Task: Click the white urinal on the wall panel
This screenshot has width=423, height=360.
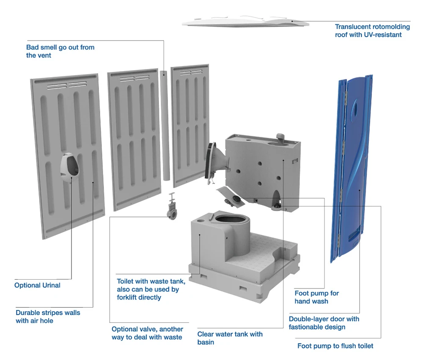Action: pos(70,168)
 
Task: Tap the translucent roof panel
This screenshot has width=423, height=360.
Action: pos(245,22)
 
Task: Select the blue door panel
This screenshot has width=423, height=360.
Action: pos(352,168)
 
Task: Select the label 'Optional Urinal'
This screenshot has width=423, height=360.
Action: pos(37,285)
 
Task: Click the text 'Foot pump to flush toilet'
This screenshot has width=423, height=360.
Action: pos(335,346)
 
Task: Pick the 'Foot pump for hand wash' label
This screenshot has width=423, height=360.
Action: pos(316,297)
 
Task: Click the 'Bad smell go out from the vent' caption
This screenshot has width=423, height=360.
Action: pos(60,51)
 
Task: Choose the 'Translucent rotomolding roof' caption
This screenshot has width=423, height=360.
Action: pos(372,30)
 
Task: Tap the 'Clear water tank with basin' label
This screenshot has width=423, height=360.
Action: pos(230,338)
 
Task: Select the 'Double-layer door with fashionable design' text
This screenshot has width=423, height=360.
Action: pos(324,323)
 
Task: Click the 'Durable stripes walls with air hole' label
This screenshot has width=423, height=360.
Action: pos(48,316)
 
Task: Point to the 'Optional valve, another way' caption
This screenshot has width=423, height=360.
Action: pos(147,333)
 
